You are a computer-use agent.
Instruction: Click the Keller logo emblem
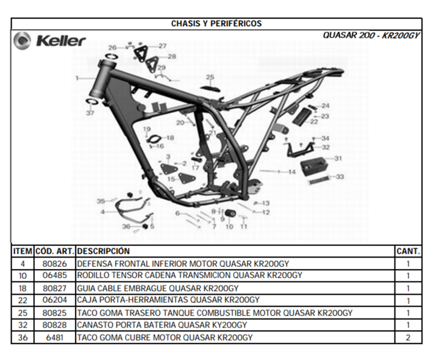(22, 41)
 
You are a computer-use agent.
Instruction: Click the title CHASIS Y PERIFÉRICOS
(216, 24)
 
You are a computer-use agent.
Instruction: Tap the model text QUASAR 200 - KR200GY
(371, 35)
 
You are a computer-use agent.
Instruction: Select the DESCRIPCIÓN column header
(103, 251)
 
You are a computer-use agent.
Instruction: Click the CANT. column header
(408, 251)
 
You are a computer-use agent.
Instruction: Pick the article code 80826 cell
(55, 264)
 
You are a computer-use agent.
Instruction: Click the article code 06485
(55, 275)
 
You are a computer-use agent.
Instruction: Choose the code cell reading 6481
(55, 337)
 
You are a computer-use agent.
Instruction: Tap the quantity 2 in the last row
(408, 337)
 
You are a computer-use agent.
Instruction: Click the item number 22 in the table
(23, 300)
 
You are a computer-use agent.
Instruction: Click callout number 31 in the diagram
(338, 158)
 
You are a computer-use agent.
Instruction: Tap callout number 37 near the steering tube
(90, 113)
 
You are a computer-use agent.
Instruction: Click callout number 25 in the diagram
(210, 77)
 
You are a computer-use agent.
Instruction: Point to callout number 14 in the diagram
(291, 171)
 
